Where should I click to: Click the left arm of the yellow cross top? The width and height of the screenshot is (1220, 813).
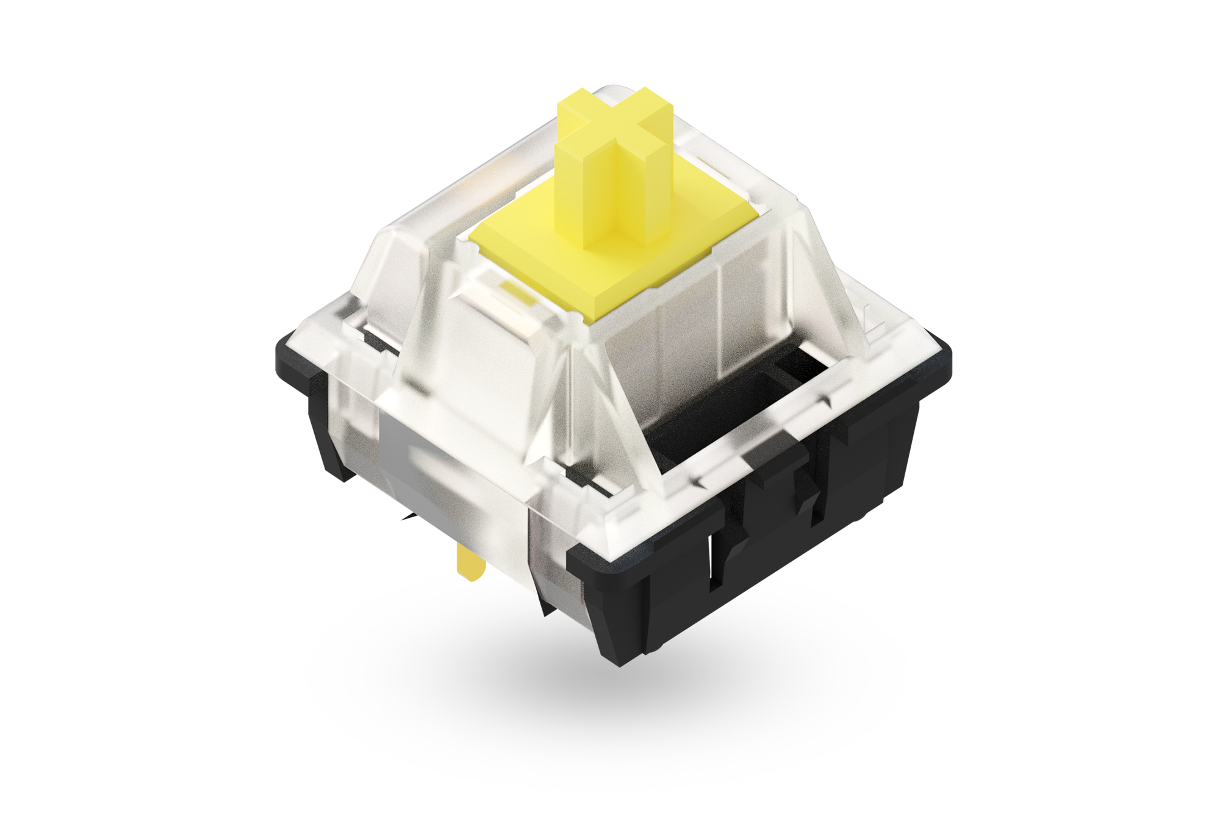(576, 110)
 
